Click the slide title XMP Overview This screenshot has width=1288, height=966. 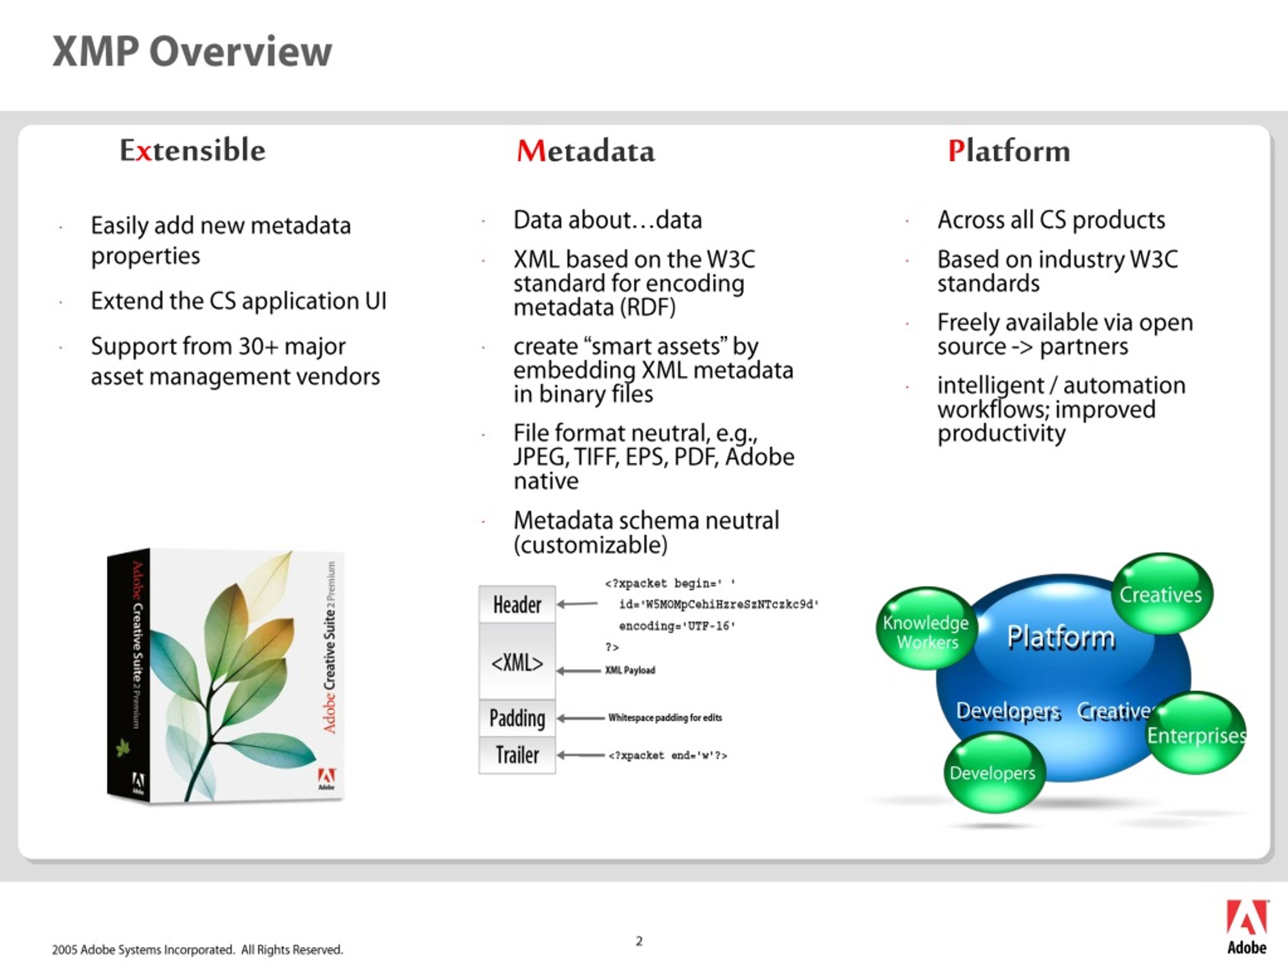point(192,51)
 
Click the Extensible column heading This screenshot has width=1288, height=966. point(193,150)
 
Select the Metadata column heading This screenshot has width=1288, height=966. point(586,151)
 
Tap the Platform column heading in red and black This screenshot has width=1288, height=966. point(1009,151)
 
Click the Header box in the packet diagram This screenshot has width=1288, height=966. point(517,604)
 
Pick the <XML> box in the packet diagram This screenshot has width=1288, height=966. point(517,662)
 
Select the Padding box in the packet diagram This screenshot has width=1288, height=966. point(517,718)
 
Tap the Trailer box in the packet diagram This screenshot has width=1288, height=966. point(517,755)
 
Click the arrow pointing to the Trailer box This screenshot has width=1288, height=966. point(581,755)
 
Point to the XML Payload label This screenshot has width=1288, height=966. point(630,670)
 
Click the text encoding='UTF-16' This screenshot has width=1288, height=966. point(677,626)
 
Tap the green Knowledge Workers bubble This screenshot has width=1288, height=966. point(926,628)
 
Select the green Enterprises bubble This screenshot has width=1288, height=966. point(1196,733)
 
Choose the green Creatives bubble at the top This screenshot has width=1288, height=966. point(1162,593)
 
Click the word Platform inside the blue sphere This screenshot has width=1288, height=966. point(1062,636)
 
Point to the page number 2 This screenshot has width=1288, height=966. point(639,941)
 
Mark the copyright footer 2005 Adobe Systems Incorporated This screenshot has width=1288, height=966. point(197,950)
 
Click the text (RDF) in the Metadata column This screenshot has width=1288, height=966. point(648,307)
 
